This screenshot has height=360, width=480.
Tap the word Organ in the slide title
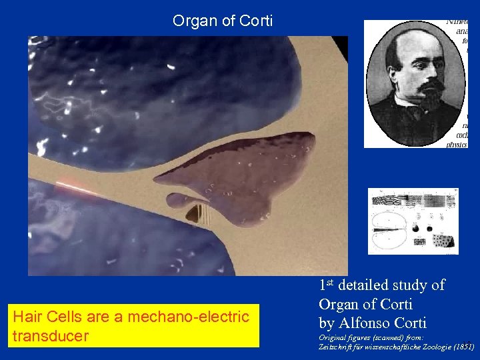coord(194,21)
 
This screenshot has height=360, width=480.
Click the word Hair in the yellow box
coord(27,317)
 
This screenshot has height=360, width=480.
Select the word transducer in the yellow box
coord(50,335)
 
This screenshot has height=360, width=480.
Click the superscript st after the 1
coord(331,282)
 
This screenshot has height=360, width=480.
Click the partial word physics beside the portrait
coord(457,143)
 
